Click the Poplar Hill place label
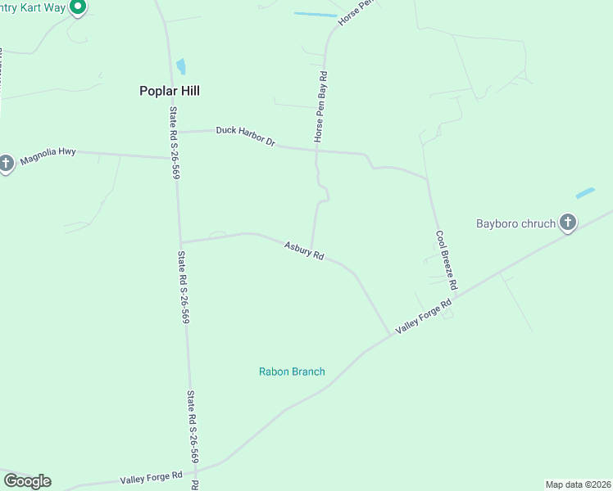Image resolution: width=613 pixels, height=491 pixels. pyautogui.click(x=170, y=92)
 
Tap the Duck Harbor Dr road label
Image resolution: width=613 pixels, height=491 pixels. pyautogui.click(x=246, y=136)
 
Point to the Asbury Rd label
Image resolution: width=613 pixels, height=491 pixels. pyautogui.click(x=304, y=250)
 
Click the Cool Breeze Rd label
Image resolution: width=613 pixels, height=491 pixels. pyautogui.click(x=446, y=260)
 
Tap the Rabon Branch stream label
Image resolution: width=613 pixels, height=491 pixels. pyautogui.click(x=292, y=372)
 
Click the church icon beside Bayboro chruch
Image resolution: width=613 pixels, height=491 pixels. pyautogui.click(x=567, y=222)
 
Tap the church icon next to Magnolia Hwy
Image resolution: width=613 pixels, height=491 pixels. pyautogui.click(x=6, y=163)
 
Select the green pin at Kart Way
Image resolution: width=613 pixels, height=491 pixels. pyautogui.click(x=78, y=7)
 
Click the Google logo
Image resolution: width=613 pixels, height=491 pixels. pyautogui.click(x=27, y=481)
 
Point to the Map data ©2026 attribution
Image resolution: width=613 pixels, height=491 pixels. pyautogui.click(x=578, y=484)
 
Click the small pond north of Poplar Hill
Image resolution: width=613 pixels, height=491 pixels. pyautogui.click(x=181, y=66)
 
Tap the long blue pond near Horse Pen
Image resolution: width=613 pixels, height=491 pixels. pyautogui.click(x=316, y=14)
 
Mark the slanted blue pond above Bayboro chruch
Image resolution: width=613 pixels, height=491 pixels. pyautogui.click(x=585, y=193)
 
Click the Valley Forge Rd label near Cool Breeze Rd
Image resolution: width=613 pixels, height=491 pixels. pyautogui.click(x=424, y=317)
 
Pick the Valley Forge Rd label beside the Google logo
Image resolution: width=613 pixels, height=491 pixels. pyautogui.click(x=152, y=477)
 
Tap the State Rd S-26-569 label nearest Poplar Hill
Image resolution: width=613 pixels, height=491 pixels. pyautogui.click(x=175, y=143)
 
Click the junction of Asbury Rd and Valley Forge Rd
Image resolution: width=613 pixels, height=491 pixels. pyautogui.click(x=389, y=335)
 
